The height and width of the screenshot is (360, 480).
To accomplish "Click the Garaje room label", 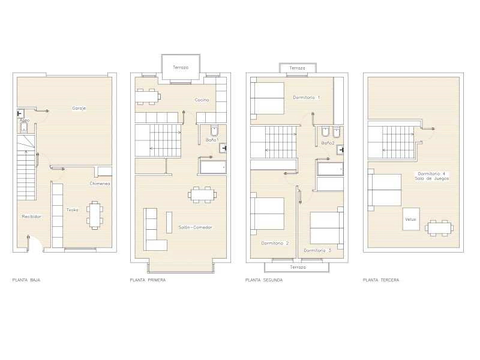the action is (x=79, y=108).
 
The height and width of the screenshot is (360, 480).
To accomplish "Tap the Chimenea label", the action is (x=100, y=184).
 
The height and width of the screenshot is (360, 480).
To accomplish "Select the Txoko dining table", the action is (x=95, y=215).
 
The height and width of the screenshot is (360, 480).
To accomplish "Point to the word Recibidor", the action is (x=32, y=217).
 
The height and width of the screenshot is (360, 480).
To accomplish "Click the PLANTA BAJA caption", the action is (x=26, y=280).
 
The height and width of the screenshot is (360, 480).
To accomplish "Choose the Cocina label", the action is (x=202, y=100).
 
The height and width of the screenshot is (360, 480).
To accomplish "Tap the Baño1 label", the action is (x=212, y=140).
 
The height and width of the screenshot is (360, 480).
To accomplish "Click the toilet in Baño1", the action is (x=214, y=130).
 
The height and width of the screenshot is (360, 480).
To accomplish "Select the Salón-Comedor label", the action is (x=195, y=227).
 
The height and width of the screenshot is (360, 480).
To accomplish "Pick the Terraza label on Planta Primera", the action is (x=181, y=67).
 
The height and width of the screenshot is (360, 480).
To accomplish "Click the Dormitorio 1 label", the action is (x=307, y=97).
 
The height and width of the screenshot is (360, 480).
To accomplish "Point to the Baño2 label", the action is (x=328, y=143).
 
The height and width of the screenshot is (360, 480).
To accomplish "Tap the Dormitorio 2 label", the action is (x=275, y=244).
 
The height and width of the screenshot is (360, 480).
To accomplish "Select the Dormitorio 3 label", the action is (x=317, y=250).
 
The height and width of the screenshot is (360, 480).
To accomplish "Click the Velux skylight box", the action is (x=411, y=219).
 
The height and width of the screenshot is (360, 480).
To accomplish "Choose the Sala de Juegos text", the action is (x=432, y=178).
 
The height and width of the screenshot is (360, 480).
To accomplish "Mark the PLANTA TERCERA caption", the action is (x=381, y=280).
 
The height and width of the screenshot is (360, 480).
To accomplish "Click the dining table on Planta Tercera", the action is (x=439, y=228).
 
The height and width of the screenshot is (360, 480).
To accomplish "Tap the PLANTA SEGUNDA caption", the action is (x=264, y=280).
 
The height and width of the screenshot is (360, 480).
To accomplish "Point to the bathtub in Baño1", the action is (x=213, y=167).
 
